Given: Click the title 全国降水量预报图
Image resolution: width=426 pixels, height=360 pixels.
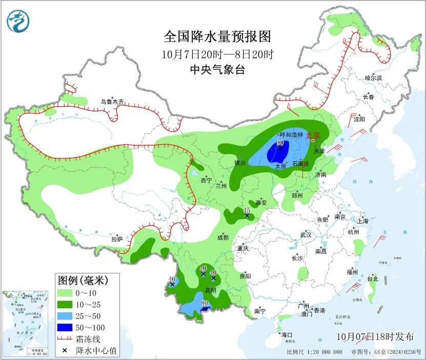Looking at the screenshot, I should click(x=217, y=37).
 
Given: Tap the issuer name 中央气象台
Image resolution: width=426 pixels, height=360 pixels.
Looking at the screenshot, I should click(x=217, y=70).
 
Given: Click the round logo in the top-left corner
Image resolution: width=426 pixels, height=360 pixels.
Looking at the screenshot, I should click(x=18, y=21).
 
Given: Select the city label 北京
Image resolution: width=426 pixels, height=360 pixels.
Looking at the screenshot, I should click(x=313, y=136).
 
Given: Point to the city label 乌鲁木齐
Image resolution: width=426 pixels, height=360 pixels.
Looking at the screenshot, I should click(x=112, y=102).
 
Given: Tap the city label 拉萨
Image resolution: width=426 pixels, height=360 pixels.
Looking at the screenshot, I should click(x=117, y=238).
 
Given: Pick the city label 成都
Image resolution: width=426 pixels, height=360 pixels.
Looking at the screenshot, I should click(x=222, y=237).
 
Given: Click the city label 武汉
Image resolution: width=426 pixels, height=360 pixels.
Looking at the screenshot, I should click(x=306, y=234).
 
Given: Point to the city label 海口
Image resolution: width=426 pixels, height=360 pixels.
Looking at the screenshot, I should click(x=286, y=335).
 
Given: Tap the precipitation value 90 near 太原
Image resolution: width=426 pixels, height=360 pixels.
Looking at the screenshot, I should click(x=280, y=143).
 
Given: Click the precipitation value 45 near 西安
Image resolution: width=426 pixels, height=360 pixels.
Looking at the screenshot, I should click(x=246, y=210).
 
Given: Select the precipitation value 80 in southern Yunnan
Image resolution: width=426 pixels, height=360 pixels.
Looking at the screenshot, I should click(x=205, y=303).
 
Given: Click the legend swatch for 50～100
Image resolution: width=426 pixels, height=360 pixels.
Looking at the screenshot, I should click(x=64, y=327).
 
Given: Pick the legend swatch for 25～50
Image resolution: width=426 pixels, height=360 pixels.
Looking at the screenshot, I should click(x=64, y=315).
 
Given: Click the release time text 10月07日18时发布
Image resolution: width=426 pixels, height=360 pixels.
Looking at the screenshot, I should click(x=375, y=336).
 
